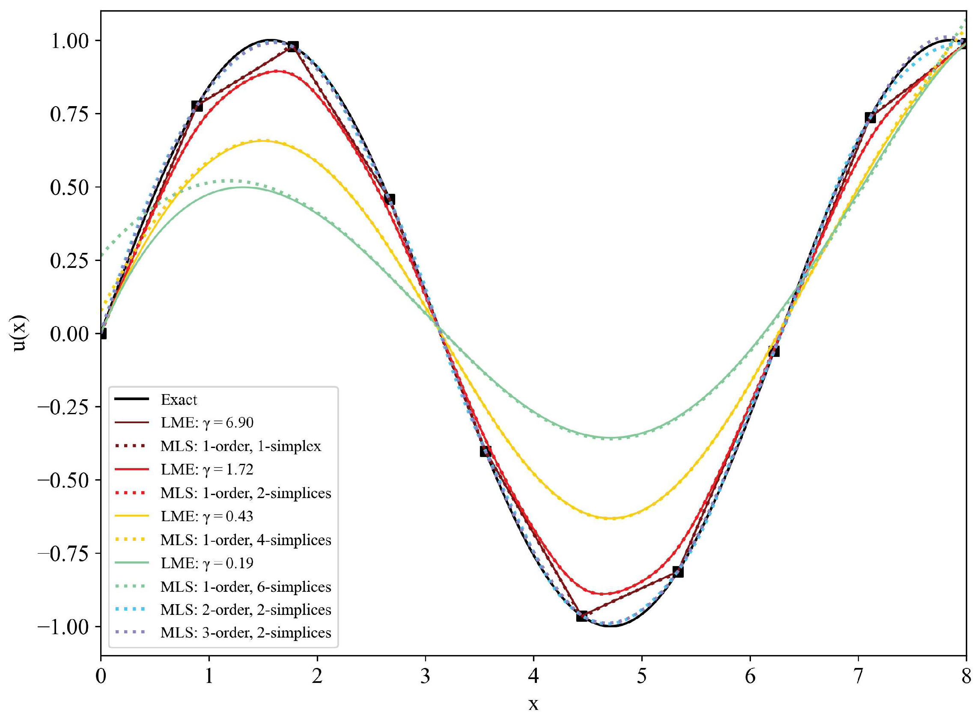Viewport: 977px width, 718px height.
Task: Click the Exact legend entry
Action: (x=179, y=399)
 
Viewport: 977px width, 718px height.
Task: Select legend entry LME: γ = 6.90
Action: (x=206, y=422)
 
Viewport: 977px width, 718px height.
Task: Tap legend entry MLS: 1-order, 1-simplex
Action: (x=241, y=446)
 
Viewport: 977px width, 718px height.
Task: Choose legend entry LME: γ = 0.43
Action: (x=206, y=516)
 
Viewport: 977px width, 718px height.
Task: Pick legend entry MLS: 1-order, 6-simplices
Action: (x=246, y=587)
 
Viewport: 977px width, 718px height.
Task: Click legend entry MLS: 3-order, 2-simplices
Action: (x=246, y=632)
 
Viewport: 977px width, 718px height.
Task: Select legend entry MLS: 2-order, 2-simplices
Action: (x=246, y=610)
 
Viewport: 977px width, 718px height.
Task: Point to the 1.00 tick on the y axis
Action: (x=69, y=41)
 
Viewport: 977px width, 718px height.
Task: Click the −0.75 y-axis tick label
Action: (x=64, y=553)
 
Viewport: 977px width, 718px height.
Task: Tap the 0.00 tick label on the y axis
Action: (x=69, y=334)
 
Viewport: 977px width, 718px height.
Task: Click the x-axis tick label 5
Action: (x=641, y=677)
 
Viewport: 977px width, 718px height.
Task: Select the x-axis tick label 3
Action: (x=425, y=677)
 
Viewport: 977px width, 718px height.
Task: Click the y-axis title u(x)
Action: (x=20, y=333)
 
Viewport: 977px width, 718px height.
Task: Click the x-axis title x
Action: (x=533, y=704)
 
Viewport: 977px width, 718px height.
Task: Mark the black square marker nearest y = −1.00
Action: (x=582, y=616)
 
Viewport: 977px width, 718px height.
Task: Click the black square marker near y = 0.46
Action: (x=390, y=199)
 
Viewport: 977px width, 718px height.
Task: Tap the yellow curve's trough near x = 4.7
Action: (x=611, y=518)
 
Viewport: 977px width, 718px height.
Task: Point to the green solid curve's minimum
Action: (x=611, y=437)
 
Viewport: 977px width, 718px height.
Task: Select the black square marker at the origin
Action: (x=102, y=334)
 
